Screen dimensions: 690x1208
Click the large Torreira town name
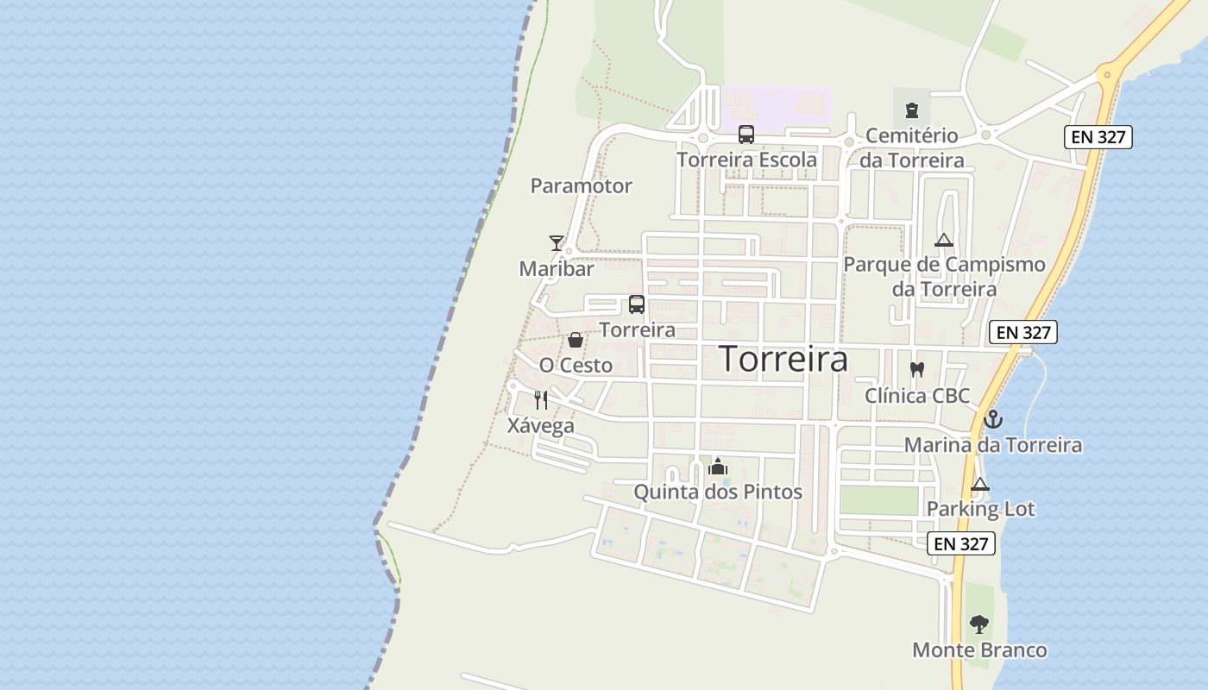[783, 359]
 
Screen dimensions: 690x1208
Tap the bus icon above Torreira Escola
[746, 135]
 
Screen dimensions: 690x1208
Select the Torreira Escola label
[746, 160]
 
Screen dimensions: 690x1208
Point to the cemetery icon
[912, 110]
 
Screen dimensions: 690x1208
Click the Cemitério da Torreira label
[912, 148]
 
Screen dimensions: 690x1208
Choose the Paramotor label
[581, 185]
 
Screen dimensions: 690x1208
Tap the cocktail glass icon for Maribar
[557, 243]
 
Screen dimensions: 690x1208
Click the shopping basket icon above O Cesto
[576, 341]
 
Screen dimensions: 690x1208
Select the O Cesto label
[576, 365]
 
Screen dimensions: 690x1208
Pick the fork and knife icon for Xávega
[541, 399]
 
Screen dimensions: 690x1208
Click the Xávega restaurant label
[541, 425]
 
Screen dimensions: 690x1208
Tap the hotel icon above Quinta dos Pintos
[718, 467]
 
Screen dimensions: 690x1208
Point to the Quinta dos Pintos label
[718, 492]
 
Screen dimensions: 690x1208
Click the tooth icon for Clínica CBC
[917, 370]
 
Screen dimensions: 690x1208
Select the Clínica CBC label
[917, 396]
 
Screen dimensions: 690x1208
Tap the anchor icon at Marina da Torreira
[993, 420]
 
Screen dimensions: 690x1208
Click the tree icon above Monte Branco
[979, 624]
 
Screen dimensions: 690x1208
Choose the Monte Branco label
[979, 649]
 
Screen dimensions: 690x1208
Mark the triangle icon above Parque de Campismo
[944, 240]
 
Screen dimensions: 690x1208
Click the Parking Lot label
[980, 509]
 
